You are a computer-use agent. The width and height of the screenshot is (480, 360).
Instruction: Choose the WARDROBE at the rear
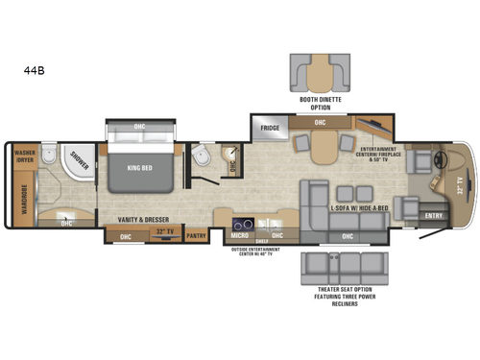pyautogui.click(x=19, y=194)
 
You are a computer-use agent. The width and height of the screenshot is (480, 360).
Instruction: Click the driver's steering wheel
pyautogui.click(x=443, y=158)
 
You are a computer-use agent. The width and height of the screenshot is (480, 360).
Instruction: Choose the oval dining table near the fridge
pyautogui.click(x=324, y=145)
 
